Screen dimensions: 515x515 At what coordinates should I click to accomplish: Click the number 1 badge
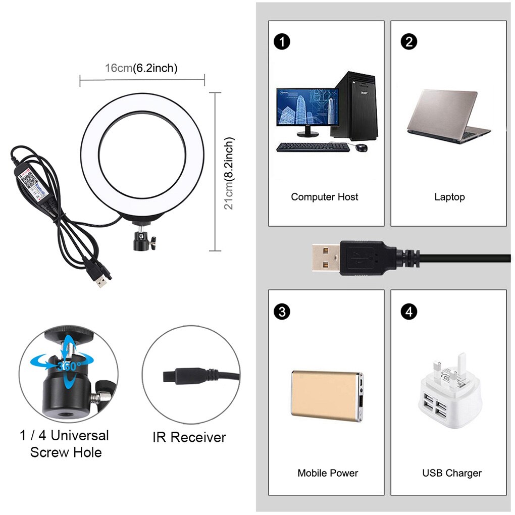pyautogui.click(x=282, y=42)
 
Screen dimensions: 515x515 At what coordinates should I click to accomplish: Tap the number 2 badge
pyautogui.click(x=408, y=42)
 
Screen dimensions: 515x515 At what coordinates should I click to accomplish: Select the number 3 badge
pyautogui.click(x=282, y=312)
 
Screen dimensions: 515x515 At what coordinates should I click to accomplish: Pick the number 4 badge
pyautogui.click(x=408, y=312)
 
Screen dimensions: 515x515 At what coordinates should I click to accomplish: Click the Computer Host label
pyautogui.click(x=325, y=197)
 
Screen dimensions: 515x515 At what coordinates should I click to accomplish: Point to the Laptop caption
pyautogui.click(x=449, y=197)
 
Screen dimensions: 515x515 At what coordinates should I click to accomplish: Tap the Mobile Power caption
pyautogui.click(x=328, y=473)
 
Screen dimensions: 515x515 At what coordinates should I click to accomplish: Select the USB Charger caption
pyautogui.click(x=452, y=473)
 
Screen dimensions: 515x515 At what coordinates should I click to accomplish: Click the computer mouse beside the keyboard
pyautogui.click(x=362, y=147)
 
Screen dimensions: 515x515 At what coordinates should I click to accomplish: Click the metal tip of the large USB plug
pyautogui.click(x=325, y=257)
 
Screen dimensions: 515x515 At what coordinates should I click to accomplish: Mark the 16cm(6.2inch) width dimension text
pyautogui.click(x=141, y=68)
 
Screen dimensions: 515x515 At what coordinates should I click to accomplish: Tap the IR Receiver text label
pyautogui.click(x=189, y=437)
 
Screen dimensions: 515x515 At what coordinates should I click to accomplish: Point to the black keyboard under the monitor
pyautogui.click(x=313, y=147)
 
